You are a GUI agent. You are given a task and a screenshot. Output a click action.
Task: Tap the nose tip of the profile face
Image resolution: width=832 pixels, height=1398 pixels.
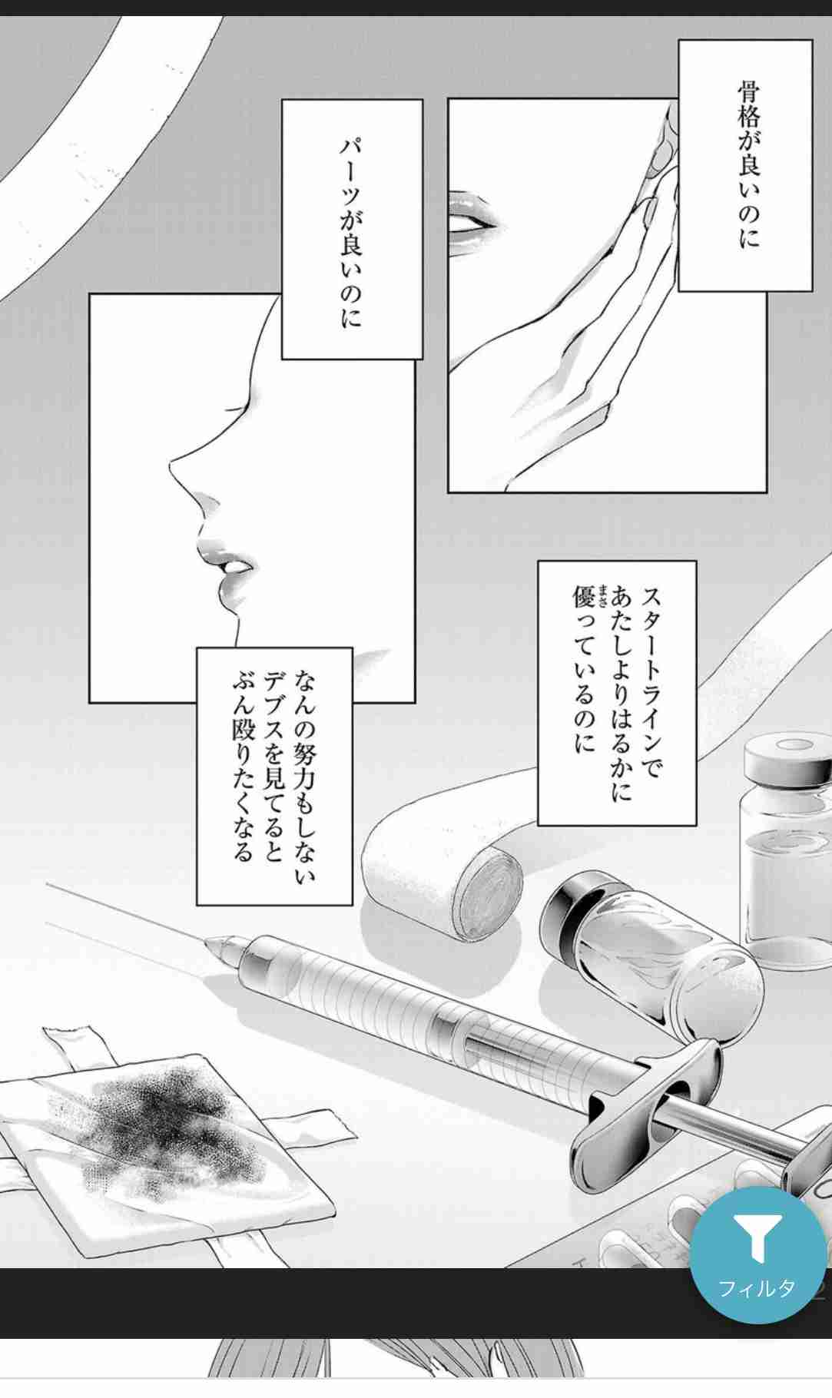[173, 465]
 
